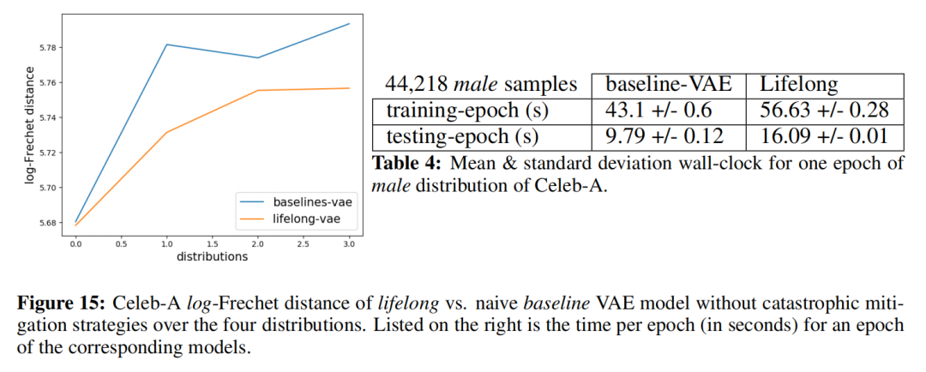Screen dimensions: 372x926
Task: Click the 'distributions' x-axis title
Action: tap(213, 255)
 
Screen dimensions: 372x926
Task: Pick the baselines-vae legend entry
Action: tap(309, 201)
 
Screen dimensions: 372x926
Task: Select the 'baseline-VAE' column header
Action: tap(667, 85)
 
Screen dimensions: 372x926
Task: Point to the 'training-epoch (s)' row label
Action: tap(467, 110)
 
